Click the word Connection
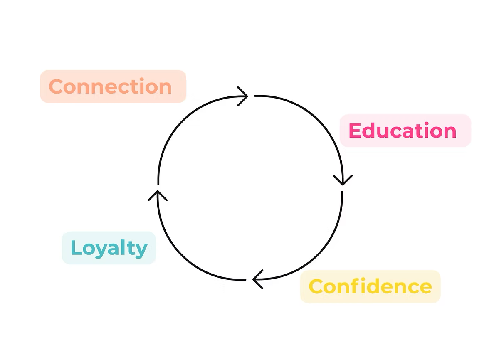pyautogui.click(x=110, y=86)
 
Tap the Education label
pyautogui.click(x=403, y=131)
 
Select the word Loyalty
pyautogui.click(x=109, y=248)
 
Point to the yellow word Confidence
pyautogui.click(x=370, y=286)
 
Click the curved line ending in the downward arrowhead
pyautogui.click(x=316, y=121)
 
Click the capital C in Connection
pyautogui.click(x=56, y=86)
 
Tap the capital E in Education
pyautogui.click(x=354, y=131)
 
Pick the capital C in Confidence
pyautogui.click(x=316, y=286)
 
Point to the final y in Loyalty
pyautogui.click(x=141, y=250)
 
